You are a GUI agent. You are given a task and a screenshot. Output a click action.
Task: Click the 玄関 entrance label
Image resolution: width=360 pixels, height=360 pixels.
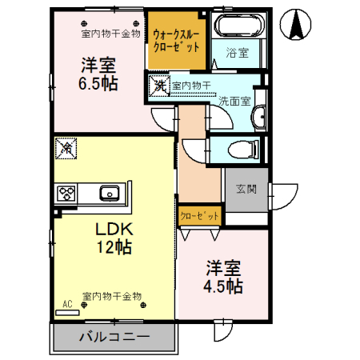pos(246,190)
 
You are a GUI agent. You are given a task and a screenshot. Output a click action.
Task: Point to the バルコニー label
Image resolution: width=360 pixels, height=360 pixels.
pos(114,337)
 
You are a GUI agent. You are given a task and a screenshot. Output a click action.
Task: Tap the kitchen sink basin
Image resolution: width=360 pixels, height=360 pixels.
pos(109,194)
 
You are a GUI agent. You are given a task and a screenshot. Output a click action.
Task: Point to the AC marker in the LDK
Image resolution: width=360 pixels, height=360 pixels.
pos(67,304)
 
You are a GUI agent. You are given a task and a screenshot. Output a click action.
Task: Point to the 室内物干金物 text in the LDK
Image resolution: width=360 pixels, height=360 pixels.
pos(112,296)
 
